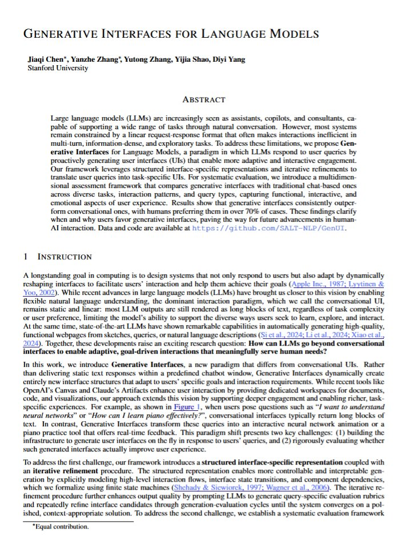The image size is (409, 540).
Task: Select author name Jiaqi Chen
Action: [43, 59]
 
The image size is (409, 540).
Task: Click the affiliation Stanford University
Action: [58, 68]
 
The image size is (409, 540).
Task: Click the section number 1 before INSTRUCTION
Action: [25, 257]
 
